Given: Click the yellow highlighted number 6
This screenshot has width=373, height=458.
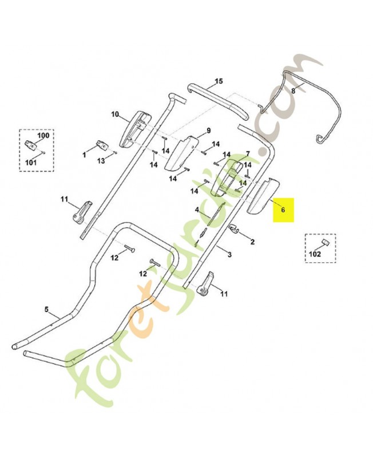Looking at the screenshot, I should pyautogui.click(x=283, y=210).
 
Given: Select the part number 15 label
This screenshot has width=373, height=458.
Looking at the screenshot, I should pyautogui.click(x=218, y=82).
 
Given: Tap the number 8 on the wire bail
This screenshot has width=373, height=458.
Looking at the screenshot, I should pyautogui.click(x=293, y=90).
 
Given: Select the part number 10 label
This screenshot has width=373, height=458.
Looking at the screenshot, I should pyautogui.click(x=114, y=114).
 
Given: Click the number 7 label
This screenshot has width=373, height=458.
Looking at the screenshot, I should pyautogui.click(x=248, y=153).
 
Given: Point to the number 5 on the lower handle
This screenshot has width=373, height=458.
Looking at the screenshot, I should pyautogui.click(x=47, y=310).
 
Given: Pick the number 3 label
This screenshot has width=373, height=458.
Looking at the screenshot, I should pyautogui.click(x=229, y=254).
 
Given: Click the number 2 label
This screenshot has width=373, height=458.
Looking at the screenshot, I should pyautogui.click(x=252, y=242).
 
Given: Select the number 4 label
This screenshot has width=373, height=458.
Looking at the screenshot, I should pyautogui.click(x=197, y=210).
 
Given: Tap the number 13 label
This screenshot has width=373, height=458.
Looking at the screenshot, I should pyautogui.click(x=101, y=161).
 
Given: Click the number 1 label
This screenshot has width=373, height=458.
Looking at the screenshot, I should pyautogui.click(x=84, y=155).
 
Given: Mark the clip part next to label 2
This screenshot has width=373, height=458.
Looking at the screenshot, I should pyautogui.click(x=233, y=230).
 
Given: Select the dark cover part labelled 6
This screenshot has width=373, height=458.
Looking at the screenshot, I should pyautogui.click(x=262, y=196).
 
